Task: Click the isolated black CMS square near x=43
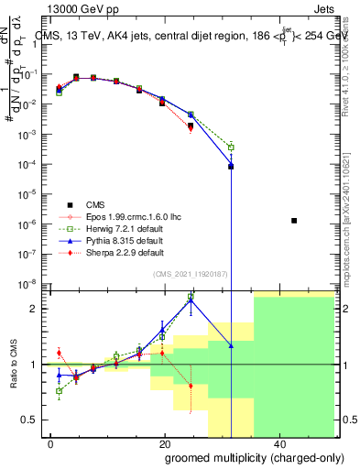pyautogui.click(x=294, y=221)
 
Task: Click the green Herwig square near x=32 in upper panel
pyautogui.click(x=231, y=147)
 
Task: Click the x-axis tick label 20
pyautogui.click(x=164, y=446)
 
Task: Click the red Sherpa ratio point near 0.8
pyautogui.click(x=191, y=386)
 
